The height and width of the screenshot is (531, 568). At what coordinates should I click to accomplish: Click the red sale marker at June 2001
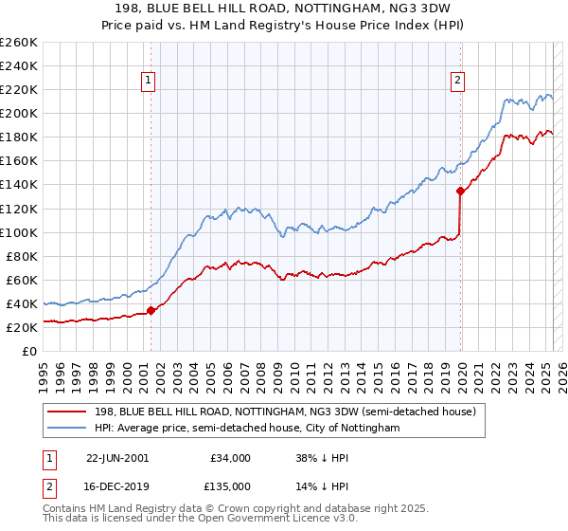[151, 310]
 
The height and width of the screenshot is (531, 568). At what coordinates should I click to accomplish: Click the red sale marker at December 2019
[460, 191]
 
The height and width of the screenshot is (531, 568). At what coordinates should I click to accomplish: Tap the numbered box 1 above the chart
[150, 82]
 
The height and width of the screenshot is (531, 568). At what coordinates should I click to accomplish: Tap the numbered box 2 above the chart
[457, 82]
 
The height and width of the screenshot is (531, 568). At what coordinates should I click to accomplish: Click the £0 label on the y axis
[28, 351]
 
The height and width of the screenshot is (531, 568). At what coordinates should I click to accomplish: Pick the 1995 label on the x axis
[43, 370]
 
